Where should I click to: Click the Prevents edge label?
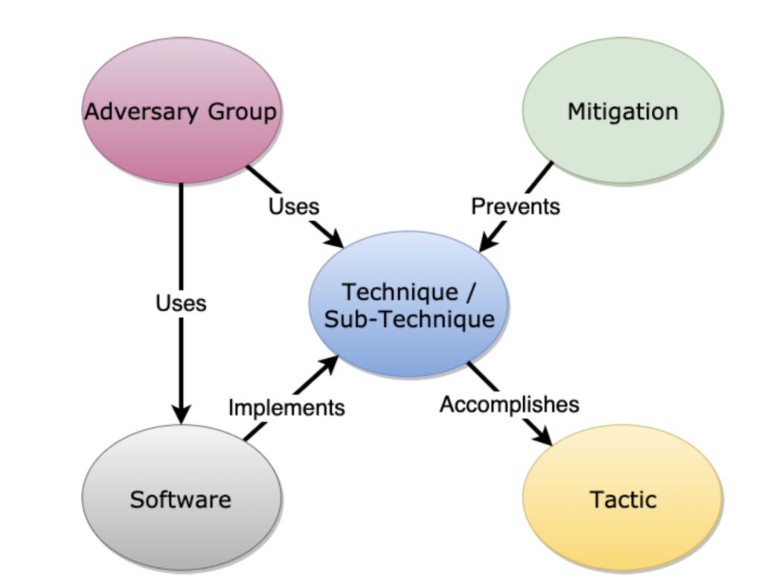point(515,205)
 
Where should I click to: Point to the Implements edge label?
point(286,407)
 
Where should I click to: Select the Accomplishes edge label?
point(509,404)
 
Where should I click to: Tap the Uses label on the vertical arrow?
point(181,303)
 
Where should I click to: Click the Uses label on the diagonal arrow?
point(294,205)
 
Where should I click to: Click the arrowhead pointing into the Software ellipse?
point(181,414)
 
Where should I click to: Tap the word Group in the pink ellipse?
point(241,112)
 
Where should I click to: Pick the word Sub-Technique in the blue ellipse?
point(409,319)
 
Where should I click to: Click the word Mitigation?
point(622,112)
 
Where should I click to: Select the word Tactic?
point(623,499)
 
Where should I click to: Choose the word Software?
point(181,499)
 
